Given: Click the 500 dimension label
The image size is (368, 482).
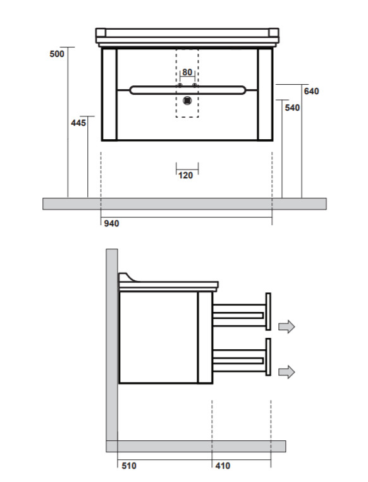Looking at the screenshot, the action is [57, 54].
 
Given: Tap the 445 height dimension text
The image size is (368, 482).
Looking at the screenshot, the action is [78, 123].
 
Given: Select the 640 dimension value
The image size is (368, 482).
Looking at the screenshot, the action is [311, 91].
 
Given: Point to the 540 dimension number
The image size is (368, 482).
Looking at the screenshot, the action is [292, 108].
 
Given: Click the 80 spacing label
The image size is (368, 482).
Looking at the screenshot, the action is [187, 72].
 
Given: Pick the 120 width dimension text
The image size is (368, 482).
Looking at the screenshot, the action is [185, 175].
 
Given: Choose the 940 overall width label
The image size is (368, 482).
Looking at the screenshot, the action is [111, 223].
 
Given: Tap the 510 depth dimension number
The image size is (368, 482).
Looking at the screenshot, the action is [129, 466].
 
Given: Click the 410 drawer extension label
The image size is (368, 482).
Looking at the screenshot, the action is [223, 466].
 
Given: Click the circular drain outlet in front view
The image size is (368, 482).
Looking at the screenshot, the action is [187, 101].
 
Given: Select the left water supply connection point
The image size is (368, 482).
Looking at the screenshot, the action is [180, 85].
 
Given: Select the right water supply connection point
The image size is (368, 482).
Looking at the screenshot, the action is [194, 85].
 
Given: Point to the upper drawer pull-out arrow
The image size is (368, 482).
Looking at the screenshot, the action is [286, 326].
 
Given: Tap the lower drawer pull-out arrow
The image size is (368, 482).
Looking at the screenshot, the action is [286, 372].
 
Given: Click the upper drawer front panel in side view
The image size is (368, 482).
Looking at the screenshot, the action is [268, 312].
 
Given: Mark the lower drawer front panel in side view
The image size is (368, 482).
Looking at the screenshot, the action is [268, 357].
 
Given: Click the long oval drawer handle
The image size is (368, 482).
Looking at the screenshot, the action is [188, 90].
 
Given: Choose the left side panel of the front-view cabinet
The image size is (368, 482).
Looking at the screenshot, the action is [109, 94].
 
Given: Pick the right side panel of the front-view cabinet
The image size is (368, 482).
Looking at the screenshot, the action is [265, 94].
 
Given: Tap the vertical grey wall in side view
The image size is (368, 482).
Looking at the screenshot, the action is [112, 345].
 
